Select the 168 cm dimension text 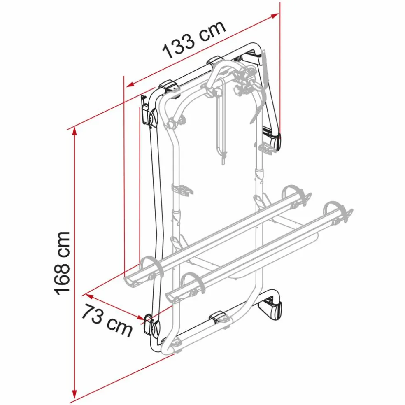63,263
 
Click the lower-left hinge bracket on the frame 150,325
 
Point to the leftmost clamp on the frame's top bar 169,86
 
